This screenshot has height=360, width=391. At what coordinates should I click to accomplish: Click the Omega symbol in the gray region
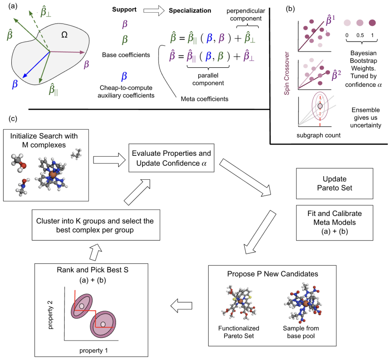(64, 34)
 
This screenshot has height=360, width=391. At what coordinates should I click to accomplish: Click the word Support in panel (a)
(124, 9)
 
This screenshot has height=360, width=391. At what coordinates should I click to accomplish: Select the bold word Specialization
(190, 10)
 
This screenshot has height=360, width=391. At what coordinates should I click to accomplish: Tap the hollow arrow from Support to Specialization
(154, 10)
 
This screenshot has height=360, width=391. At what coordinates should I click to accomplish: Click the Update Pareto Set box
(335, 183)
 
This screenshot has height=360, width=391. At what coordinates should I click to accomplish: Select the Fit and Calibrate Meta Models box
(335, 223)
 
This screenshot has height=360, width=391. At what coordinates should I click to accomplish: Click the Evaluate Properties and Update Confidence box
(171, 158)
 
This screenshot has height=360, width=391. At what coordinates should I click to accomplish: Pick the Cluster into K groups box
(96, 225)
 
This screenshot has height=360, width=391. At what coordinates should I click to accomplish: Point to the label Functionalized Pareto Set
(239, 332)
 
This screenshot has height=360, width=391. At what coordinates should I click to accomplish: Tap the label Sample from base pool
(301, 332)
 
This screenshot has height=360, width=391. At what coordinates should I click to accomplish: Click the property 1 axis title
(93, 351)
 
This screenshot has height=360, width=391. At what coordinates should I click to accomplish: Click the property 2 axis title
(51, 315)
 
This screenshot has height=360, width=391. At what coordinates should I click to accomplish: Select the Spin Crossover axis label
(287, 73)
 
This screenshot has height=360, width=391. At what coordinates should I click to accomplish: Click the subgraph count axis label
(318, 135)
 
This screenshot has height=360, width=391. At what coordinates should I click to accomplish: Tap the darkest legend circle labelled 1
(372, 23)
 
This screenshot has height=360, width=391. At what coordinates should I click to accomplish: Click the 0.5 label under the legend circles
(360, 35)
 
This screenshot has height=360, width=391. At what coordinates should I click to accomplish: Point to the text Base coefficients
(126, 55)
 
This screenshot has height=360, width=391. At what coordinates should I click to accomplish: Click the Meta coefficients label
(205, 99)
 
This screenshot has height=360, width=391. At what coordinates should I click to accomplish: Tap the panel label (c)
(13, 118)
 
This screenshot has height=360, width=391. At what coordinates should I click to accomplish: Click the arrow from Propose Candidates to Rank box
(182, 305)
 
